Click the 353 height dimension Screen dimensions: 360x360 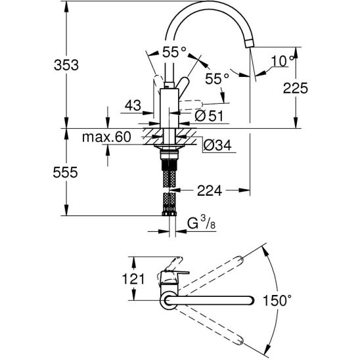66,65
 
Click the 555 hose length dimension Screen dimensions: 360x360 66,172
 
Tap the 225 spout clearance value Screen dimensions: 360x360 295,88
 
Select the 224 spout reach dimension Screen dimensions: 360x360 210,191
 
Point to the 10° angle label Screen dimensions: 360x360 282,61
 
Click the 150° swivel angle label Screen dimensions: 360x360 277,300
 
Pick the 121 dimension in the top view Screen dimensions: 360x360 133,279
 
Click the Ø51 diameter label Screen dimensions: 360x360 209,116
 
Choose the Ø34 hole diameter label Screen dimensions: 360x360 217,145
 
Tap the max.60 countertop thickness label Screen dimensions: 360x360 106,137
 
